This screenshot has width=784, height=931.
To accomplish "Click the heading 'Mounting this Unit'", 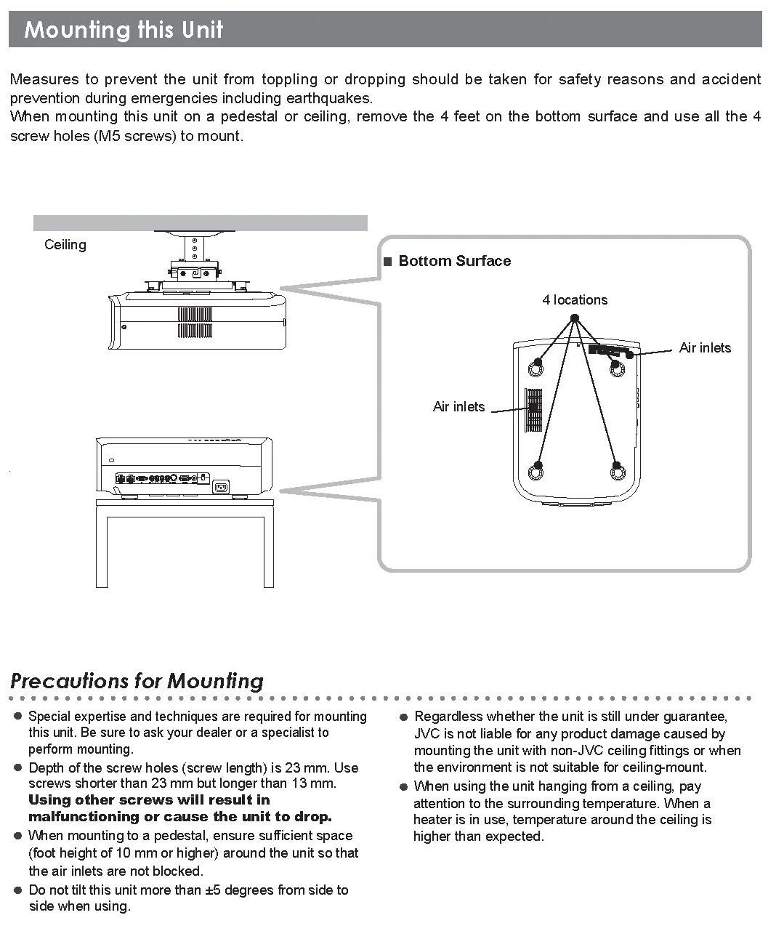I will pos(124,30).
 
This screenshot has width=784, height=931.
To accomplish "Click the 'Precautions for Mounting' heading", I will pos(137,681).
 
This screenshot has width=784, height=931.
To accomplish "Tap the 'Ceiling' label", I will pos(65,245).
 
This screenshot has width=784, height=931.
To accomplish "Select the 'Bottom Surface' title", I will pos(454,261).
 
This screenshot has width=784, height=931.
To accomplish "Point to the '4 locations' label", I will pos(574,300).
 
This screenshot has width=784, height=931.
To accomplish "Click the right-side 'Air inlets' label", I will pos(704,348).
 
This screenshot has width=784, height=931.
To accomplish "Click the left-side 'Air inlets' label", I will pos(458,407).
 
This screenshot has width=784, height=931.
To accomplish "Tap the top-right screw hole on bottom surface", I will pos(616,368).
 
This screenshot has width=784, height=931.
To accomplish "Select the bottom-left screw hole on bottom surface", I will pos(538,471).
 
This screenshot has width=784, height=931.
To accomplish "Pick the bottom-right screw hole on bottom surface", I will pos(617,471).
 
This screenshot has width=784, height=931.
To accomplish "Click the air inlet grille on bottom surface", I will pos(534,410).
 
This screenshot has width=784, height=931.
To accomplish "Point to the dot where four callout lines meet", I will pos(575,318).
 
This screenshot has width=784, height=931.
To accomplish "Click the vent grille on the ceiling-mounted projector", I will pos(195,322).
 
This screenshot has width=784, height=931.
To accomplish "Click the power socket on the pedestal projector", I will pos(220,487).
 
